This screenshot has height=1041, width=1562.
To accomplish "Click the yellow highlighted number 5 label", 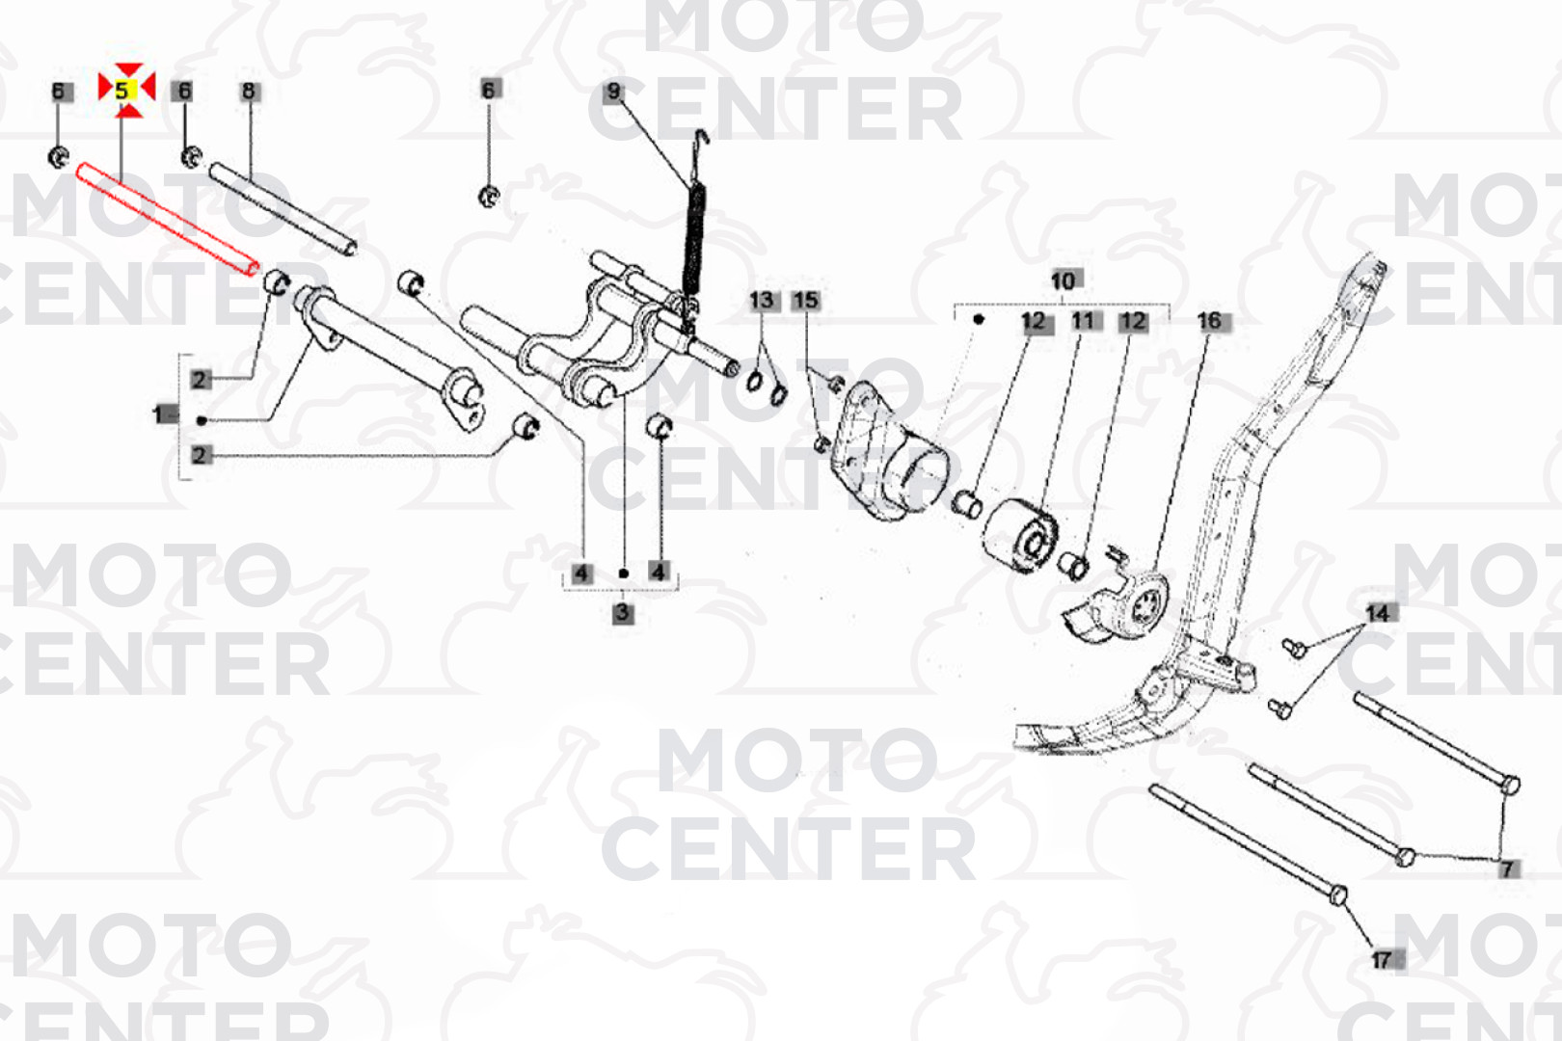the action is pyautogui.click(x=122, y=90).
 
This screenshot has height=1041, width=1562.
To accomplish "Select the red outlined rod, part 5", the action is pyautogui.click(x=168, y=219).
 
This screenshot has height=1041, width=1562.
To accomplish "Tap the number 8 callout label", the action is pyautogui.click(x=249, y=92).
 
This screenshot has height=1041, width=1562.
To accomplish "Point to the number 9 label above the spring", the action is pyautogui.click(x=613, y=92).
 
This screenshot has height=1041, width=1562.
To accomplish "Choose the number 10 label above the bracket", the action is pyautogui.click(x=1063, y=281).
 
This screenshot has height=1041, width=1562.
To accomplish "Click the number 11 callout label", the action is pyautogui.click(x=1083, y=321).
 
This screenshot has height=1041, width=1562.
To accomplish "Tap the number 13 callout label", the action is pyautogui.click(x=762, y=301).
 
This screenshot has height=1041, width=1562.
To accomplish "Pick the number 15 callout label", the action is pyautogui.click(x=805, y=301).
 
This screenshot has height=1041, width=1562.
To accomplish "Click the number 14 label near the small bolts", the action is pyautogui.click(x=1378, y=614).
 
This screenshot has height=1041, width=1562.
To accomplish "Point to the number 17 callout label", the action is pyautogui.click(x=1382, y=960).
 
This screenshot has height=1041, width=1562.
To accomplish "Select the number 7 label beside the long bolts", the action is pyautogui.click(x=1508, y=869).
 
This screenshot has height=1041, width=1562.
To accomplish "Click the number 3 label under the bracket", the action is pyautogui.click(x=623, y=614).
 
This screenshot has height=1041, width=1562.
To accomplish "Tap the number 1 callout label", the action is pyautogui.click(x=158, y=414).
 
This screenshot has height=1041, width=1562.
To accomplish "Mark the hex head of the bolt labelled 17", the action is pyautogui.click(x=1338, y=895).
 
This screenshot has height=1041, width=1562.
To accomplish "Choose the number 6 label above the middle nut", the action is pyautogui.click(x=488, y=90).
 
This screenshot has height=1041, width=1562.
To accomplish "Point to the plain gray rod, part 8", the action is pyautogui.click(x=283, y=209).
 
